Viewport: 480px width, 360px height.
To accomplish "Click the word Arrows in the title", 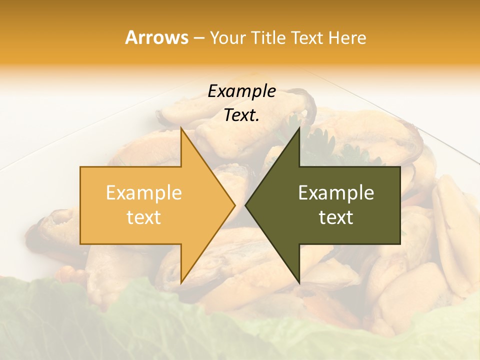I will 156,37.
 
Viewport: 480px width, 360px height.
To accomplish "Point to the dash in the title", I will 198,38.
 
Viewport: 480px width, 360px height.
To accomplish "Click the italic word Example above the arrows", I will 241,91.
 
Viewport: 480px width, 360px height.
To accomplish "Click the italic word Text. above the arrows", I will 241,115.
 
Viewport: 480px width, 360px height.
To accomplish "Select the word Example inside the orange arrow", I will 143,193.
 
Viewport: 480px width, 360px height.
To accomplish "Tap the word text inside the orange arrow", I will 143,217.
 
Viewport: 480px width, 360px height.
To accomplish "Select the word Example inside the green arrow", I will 336,193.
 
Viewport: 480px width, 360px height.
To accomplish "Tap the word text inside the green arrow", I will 336,217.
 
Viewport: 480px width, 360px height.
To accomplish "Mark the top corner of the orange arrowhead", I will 181,128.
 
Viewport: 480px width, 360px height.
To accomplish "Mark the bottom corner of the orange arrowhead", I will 181,282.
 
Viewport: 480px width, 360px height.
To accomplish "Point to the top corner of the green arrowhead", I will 299,128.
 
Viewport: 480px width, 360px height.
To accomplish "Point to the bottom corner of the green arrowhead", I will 299,282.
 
